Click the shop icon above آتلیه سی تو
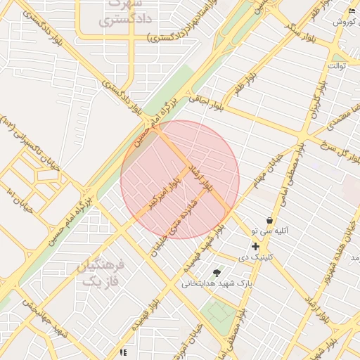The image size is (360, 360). point(269,220)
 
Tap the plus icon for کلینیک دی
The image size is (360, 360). point(255,246)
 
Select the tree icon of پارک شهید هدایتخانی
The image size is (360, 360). point(217,272)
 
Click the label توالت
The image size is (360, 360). point(337,65)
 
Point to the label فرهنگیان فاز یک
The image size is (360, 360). point(103,273)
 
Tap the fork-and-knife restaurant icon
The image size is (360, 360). point(123,352)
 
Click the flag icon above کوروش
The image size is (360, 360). point(352,11)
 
